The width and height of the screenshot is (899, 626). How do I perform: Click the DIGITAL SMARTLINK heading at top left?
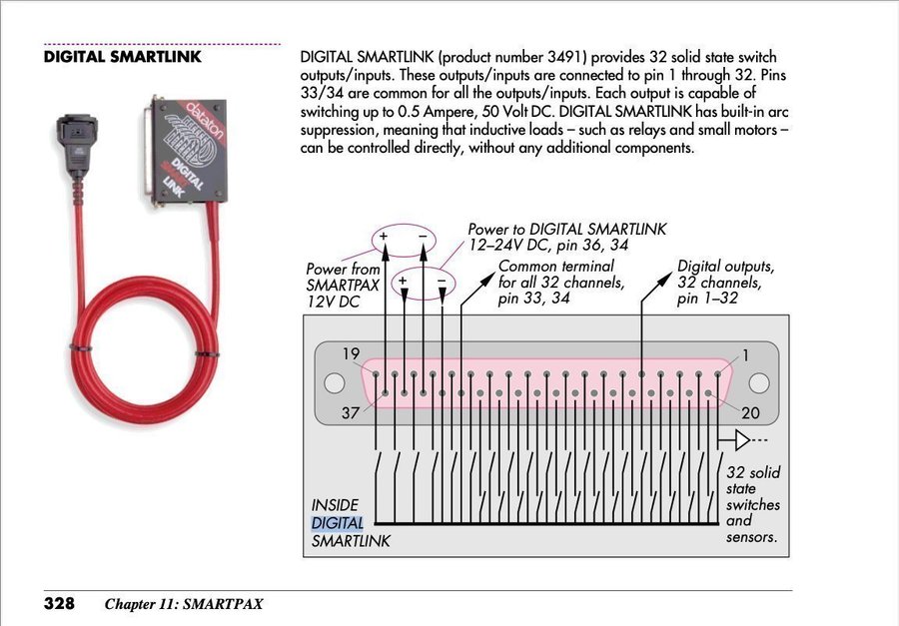click(x=123, y=57)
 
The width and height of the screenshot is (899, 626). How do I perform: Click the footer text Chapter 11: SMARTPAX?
click(x=185, y=604)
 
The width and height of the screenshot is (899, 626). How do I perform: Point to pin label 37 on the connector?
click(x=350, y=412)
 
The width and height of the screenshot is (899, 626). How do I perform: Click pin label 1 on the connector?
click(x=745, y=354)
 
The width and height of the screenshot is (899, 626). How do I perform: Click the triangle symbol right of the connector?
click(x=741, y=440)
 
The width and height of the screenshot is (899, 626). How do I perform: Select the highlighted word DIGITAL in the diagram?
click(x=337, y=523)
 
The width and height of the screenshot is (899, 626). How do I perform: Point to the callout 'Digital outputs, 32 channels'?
click(x=725, y=282)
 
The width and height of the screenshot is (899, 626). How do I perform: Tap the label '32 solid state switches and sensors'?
click(x=753, y=504)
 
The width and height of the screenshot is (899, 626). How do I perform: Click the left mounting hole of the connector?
click(x=337, y=383)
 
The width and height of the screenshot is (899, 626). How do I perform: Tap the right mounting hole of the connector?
click(x=760, y=383)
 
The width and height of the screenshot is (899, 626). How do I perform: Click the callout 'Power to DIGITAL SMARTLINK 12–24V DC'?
click(x=566, y=238)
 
